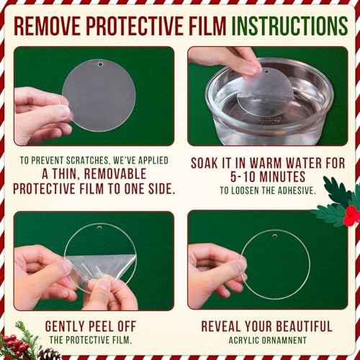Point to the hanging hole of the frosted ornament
pos(100,64)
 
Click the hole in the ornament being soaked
pos(265,71)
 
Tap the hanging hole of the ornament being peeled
pos(99,227)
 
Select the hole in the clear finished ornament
pos(274,236)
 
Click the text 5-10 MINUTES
pos(268,177)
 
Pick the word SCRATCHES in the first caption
pos(88,161)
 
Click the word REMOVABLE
pos(115,174)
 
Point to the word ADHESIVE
pos(296,191)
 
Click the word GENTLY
pos(65,326)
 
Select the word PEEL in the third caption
pos(102,326)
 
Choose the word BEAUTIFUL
pos(304,326)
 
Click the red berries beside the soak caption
pos(351,215)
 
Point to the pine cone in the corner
pos(49,354)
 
